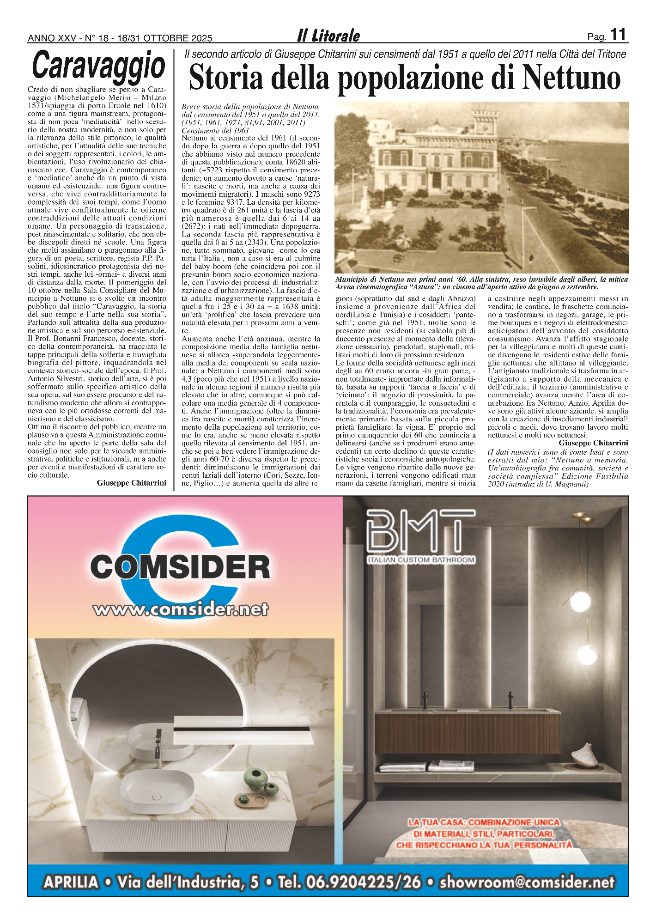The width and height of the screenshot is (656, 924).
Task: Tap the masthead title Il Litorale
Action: (328, 36)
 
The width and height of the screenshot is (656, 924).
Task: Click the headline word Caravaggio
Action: (99, 66)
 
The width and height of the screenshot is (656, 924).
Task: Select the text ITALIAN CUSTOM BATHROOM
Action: (421, 560)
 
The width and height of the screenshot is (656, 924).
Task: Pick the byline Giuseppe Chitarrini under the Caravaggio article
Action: (131, 483)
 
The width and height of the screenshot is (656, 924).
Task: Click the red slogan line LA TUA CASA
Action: (483, 822)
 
